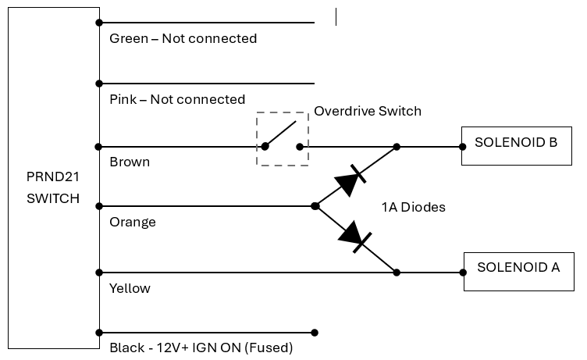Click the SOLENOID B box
516,145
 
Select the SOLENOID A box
518,271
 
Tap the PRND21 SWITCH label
53,187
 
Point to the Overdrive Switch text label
367,111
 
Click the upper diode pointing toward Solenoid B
350,180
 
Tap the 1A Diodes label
413,208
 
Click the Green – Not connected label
183,38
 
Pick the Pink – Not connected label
177,99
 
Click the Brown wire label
130,162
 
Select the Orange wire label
133,222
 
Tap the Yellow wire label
130,288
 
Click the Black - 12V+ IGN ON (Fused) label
201,348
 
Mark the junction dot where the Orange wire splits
315,206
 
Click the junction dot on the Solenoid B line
397,146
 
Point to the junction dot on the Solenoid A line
397,273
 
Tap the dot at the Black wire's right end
315,332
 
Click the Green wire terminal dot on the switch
99,22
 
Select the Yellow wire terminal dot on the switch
99,273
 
